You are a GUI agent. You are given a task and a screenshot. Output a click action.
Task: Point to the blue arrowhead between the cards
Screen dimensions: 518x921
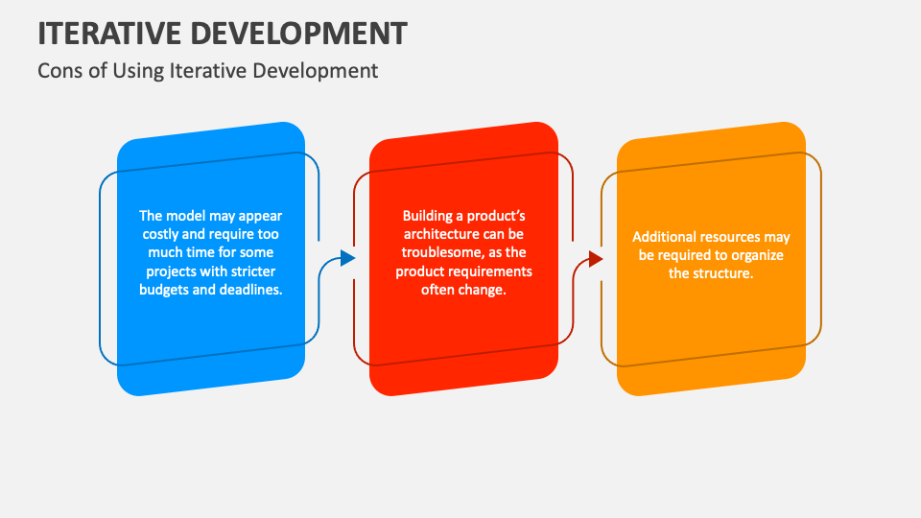(347, 258)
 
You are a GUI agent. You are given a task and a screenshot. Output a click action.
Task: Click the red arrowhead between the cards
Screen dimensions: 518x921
(596, 259)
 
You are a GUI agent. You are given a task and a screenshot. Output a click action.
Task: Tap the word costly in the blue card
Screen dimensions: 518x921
(163, 234)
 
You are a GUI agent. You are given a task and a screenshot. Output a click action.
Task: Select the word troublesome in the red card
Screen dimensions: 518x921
(438, 252)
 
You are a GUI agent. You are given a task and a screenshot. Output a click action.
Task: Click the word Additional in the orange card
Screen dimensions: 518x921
(665, 236)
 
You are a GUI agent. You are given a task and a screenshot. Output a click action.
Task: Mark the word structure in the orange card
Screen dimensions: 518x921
(721, 272)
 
